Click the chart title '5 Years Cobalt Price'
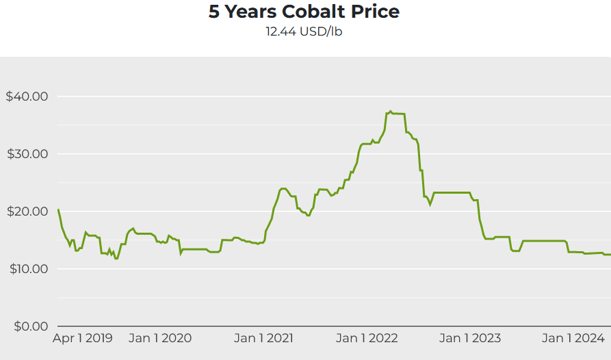tap(304, 12)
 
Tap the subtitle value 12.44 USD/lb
tap(304, 31)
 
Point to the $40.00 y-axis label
tap(27, 97)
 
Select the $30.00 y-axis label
tap(27, 154)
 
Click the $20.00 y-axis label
tap(27, 211)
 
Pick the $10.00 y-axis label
tap(27, 269)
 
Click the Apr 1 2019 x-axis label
tap(83, 338)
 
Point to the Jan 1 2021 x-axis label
tap(263, 338)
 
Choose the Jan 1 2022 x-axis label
tap(367, 338)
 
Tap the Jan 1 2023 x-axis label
tap(469, 338)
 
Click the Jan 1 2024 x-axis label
tap(573, 338)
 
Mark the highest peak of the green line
tap(390, 111)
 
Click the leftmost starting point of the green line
tap(58, 209)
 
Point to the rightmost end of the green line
tap(610, 255)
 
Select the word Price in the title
tap(374, 12)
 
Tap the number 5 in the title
tap(213, 12)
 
